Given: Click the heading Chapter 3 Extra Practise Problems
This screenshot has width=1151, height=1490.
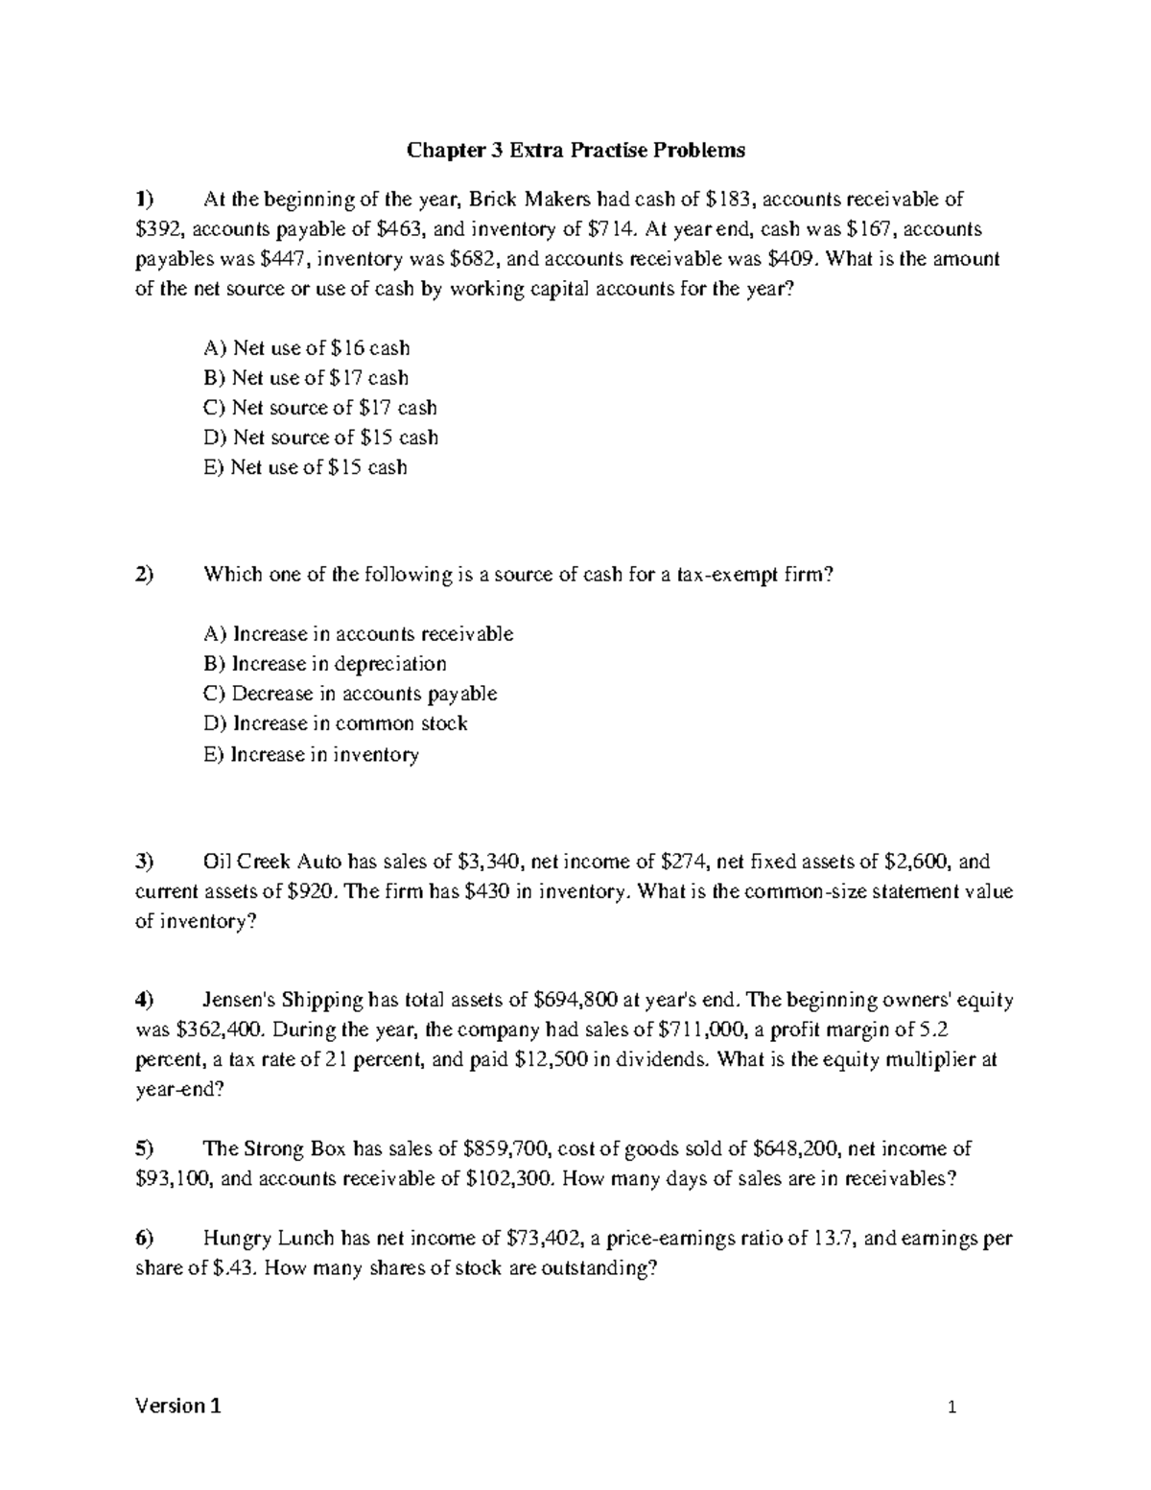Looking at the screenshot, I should coord(575,151).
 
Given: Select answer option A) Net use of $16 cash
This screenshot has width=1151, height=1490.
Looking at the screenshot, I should coord(307,348).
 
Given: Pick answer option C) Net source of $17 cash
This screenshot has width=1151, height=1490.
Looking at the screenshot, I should coord(320,408).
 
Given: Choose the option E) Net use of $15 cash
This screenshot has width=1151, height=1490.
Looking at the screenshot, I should coord(306,467).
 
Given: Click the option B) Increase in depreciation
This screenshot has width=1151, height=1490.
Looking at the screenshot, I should coord(325,664).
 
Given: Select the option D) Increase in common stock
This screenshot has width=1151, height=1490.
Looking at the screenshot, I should coord(336,723).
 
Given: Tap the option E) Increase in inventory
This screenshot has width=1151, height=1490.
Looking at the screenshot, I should coord(312,754).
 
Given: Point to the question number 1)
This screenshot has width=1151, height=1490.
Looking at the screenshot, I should coord(144,200).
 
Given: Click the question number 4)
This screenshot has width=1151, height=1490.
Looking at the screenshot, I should coord(144,1001).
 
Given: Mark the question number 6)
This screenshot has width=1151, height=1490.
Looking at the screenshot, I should coord(144,1239).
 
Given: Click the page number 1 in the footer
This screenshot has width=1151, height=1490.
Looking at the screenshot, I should coord(951,1408).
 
